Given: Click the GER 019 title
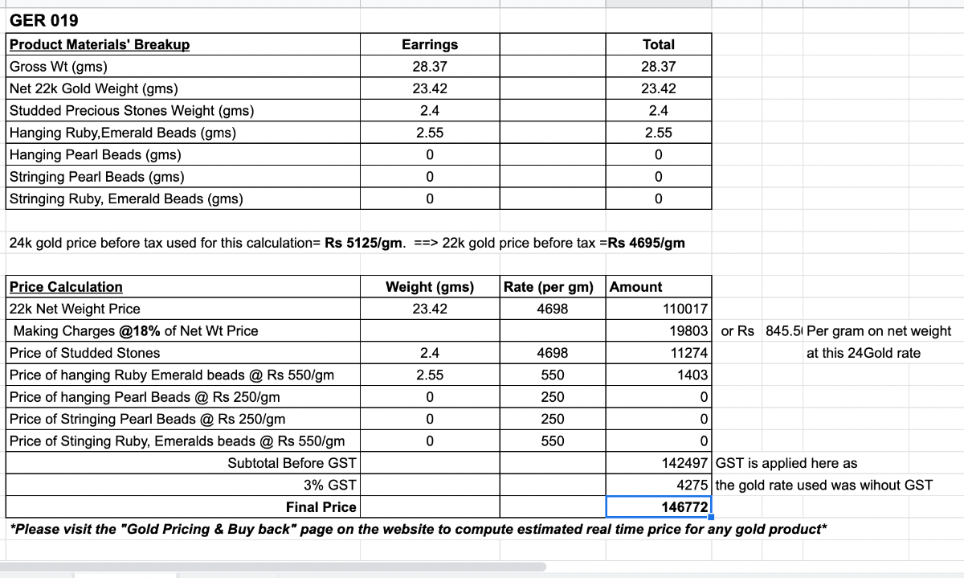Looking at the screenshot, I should (x=44, y=21).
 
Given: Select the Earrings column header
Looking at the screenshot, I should (x=430, y=45).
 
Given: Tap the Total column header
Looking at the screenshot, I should (x=659, y=45).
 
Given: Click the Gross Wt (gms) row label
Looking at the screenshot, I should (x=58, y=67).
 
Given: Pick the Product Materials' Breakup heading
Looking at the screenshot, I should (x=100, y=45).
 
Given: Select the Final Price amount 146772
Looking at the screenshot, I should (x=684, y=507).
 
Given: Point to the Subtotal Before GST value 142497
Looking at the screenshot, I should (x=684, y=463).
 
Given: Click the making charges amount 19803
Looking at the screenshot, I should (x=688, y=331).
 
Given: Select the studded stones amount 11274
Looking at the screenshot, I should (x=688, y=353).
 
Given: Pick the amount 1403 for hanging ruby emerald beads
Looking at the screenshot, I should (x=692, y=375).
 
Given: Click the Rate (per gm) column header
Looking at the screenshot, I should (x=549, y=287).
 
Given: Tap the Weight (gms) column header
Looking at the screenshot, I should (x=430, y=287).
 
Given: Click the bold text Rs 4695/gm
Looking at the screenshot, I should (x=647, y=243).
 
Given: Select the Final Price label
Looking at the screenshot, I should (x=321, y=507).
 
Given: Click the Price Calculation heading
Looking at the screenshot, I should (x=66, y=287).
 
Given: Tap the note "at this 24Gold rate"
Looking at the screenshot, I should (x=864, y=353).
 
